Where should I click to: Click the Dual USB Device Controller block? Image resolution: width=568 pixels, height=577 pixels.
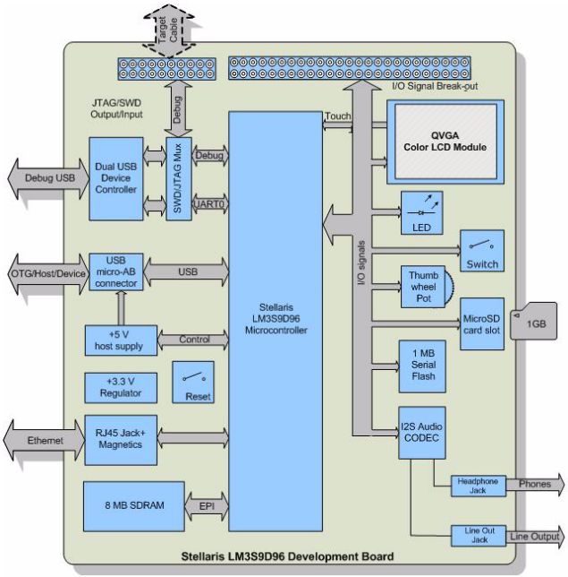coord(115,178)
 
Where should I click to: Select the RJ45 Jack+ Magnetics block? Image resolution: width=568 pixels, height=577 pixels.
coord(118,439)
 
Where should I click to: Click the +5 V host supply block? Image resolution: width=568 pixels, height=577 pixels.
coord(119,340)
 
